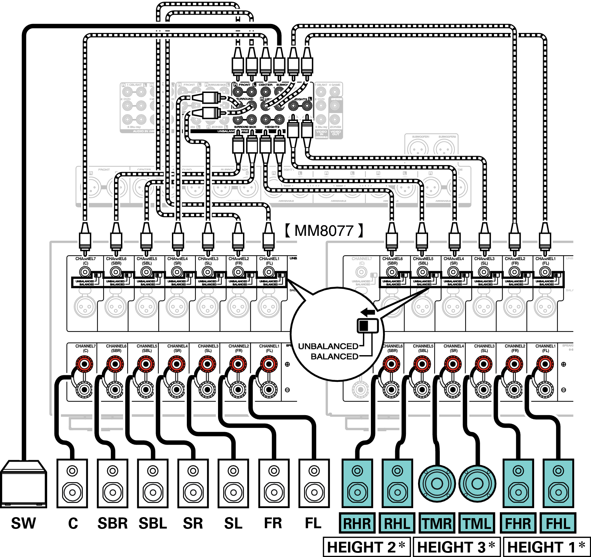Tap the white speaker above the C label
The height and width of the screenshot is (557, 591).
[x=72, y=483]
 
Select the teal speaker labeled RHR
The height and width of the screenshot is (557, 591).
[x=357, y=483]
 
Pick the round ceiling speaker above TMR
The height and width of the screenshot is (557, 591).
[x=437, y=483]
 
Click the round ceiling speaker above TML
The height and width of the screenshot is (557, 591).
[x=477, y=483]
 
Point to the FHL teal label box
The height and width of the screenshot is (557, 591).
[x=558, y=523]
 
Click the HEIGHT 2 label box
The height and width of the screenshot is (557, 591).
[x=367, y=547]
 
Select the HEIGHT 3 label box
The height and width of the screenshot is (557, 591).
[x=457, y=547]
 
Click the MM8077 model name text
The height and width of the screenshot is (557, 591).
[x=324, y=231]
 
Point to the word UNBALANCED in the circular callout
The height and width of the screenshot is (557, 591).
[x=328, y=346]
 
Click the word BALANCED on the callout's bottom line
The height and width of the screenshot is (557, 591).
[x=334, y=357]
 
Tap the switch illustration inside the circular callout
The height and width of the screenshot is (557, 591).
[x=368, y=326]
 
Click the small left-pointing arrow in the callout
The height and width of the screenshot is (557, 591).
[x=368, y=312]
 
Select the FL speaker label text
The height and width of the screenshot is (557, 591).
[x=313, y=523]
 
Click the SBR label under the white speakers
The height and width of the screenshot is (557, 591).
[x=113, y=523]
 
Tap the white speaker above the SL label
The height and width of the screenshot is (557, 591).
[x=233, y=483]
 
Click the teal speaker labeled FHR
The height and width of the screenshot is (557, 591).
[x=518, y=483]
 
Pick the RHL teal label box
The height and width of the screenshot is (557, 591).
[x=397, y=523]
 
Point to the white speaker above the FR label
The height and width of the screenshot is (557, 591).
[x=274, y=483]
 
